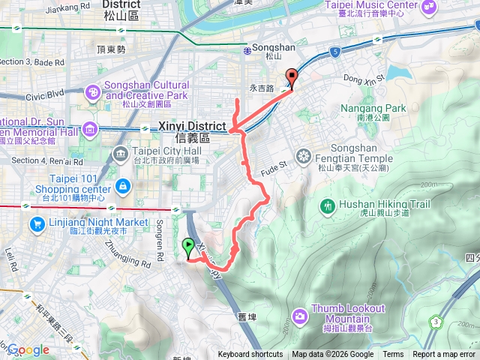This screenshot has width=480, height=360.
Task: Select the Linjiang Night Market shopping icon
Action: pyautogui.click(x=37, y=223)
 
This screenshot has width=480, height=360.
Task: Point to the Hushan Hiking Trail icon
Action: pyautogui.click(x=327, y=205)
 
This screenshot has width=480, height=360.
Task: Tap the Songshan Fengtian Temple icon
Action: pyautogui.click(x=303, y=157)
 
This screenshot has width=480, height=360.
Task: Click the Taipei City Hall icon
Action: pyautogui.click(x=120, y=154)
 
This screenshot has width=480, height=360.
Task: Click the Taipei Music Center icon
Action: pyautogui.click(x=430, y=7)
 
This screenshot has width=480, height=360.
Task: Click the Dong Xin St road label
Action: pyautogui.click(x=364, y=76)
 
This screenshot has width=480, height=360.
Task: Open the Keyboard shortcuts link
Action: pyautogui.click(x=250, y=355)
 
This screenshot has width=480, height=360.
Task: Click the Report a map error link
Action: pyautogui.click(x=445, y=355)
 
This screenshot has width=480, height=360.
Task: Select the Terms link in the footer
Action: pyautogui.click(x=393, y=355)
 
